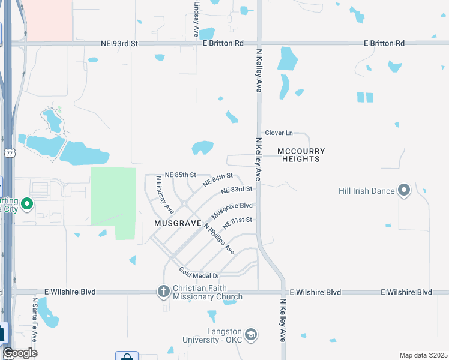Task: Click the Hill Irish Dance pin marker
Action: [x=404, y=191]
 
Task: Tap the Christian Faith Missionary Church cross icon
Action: [x=163, y=292]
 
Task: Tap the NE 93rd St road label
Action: [x=119, y=44]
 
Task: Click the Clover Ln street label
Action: [x=279, y=133]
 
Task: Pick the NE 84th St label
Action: [x=217, y=179]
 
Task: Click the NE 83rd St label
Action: [x=236, y=190]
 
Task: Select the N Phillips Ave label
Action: [x=218, y=238]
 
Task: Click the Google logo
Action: [x=20, y=353]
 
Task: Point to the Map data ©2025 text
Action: [x=423, y=355]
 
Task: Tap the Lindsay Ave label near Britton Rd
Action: [x=196, y=14]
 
